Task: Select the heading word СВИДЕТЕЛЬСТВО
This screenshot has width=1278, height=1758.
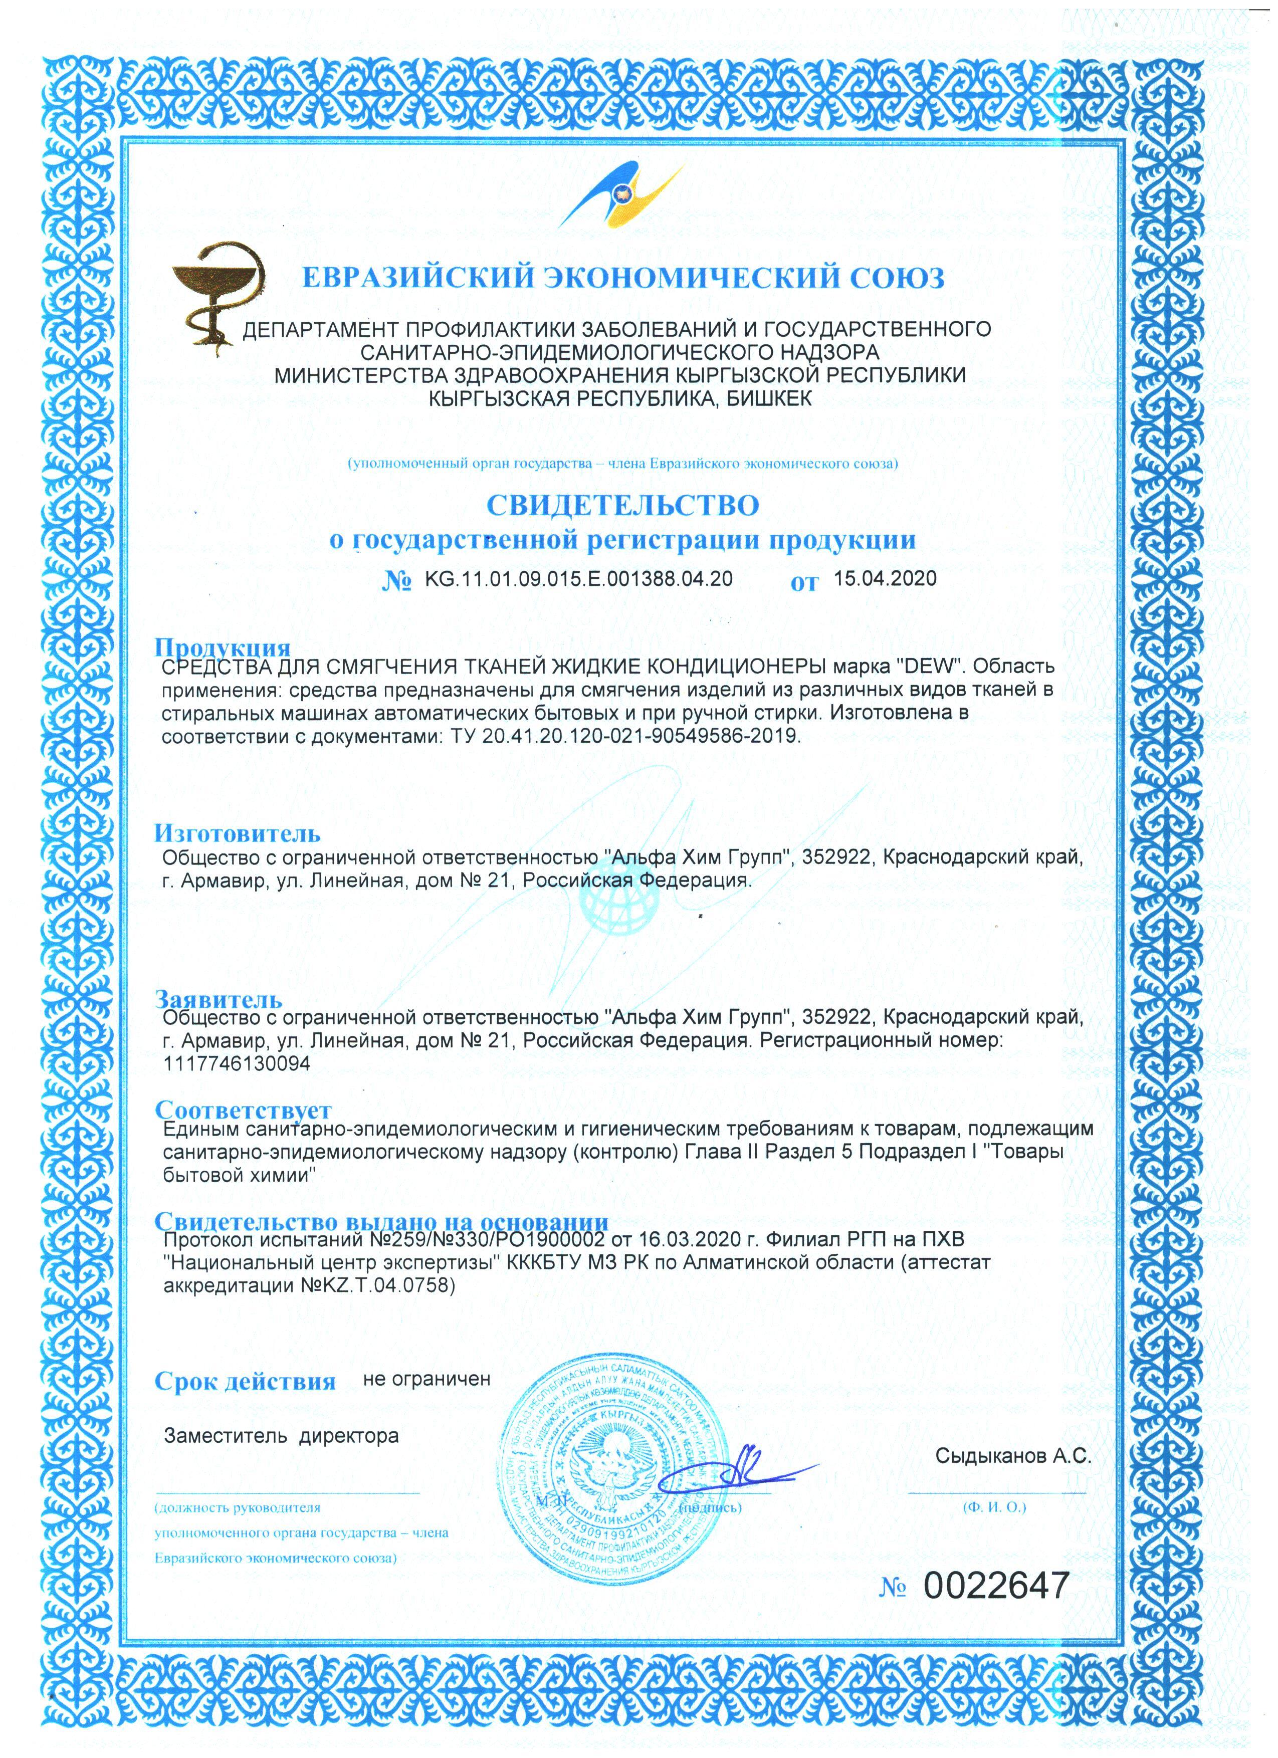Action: [x=622, y=505]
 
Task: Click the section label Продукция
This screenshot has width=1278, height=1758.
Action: [x=223, y=647]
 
